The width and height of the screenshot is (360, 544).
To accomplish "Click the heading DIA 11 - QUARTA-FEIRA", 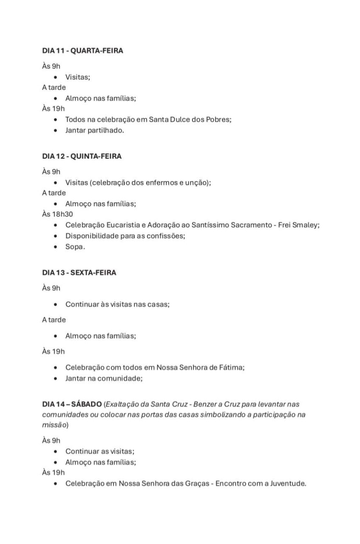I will click(x=82, y=51).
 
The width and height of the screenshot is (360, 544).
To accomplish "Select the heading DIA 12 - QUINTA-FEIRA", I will click(x=82, y=156).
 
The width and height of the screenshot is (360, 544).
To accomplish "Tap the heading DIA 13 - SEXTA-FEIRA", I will click(x=79, y=273).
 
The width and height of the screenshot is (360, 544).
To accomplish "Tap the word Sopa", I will click(x=75, y=246).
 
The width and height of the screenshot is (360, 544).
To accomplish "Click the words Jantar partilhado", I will click(x=94, y=130).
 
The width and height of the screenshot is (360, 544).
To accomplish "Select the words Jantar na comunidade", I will click(x=103, y=378).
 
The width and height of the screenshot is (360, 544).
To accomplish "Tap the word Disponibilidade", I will click(x=91, y=236).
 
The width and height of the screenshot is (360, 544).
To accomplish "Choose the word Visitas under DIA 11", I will click(x=77, y=77).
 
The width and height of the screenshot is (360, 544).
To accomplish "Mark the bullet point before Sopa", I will click(x=56, y=246).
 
